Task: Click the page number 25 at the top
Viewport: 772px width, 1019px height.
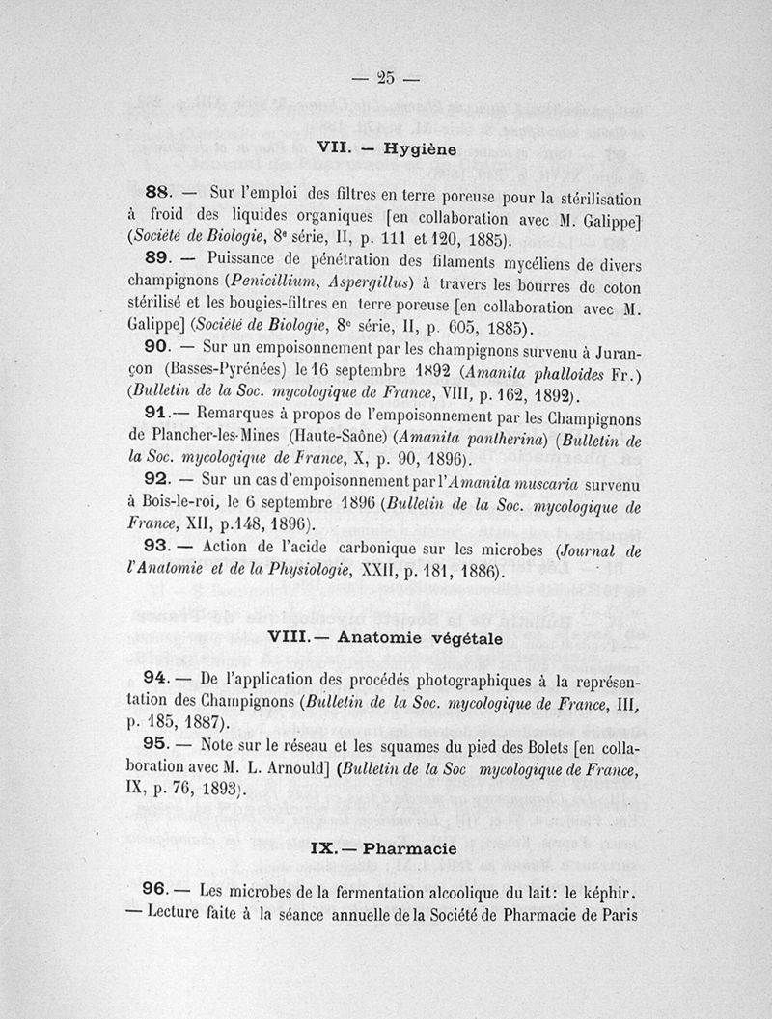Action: pos(385,78)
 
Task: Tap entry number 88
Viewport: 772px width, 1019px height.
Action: pos(156,190)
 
